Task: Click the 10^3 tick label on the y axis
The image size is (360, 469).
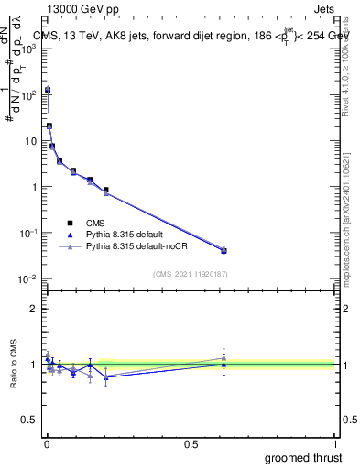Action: pos(28,49)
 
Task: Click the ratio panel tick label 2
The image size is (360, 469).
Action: pos(32,309)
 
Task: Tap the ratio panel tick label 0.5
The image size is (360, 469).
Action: pos(28,421)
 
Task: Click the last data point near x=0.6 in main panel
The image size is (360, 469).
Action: pos(224,250)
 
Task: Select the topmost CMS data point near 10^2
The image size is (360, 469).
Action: pos(48,90)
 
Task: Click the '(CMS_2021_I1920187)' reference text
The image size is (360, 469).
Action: pos(190,273)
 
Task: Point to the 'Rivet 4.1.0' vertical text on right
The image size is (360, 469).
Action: pos(347,60)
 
